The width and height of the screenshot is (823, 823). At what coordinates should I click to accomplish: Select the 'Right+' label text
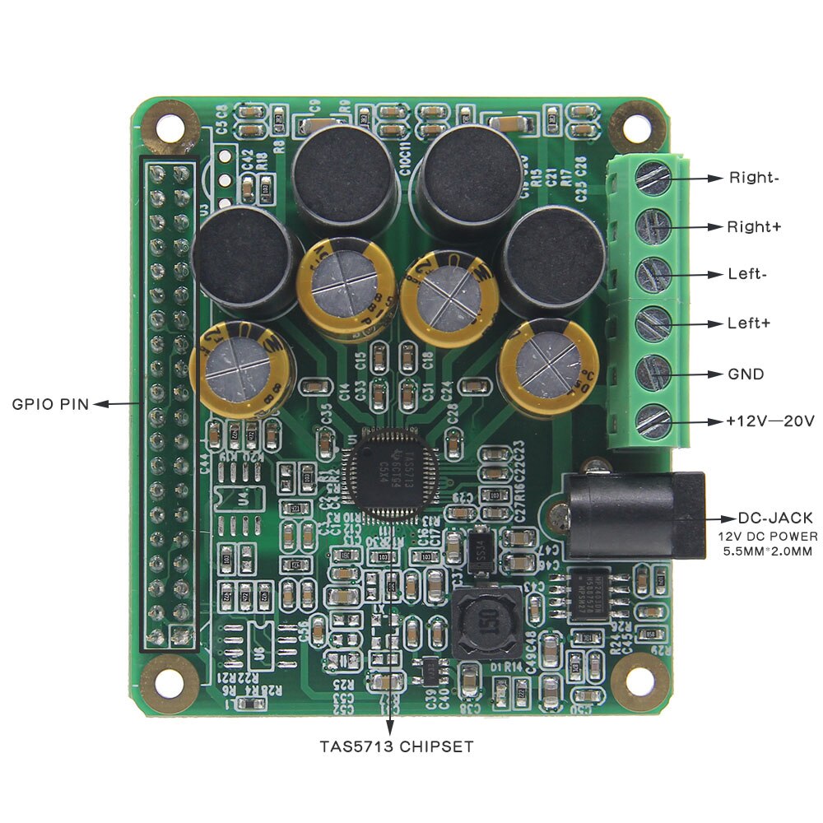click(753, 226)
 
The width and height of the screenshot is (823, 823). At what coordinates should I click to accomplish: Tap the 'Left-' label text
click(747, 274)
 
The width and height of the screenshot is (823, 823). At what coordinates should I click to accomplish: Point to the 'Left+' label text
click(749, 323)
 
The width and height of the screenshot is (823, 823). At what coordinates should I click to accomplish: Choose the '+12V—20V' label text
click(770, 421)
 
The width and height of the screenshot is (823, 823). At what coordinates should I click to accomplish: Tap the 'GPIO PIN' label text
click(49, 404)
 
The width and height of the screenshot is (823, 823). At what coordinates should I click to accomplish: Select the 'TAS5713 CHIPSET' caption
click(397, 747)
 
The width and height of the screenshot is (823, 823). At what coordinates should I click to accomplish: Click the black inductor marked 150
click(486, 623)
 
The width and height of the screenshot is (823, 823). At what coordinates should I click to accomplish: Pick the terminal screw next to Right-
click(654, 178)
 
